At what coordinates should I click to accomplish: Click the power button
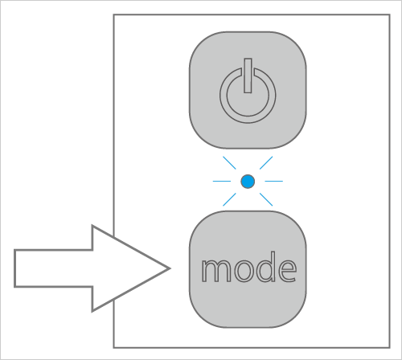click(x=248, y=90)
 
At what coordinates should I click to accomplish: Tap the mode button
click(x=248, y=269)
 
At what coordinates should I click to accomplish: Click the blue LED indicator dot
click(x=248, y=182)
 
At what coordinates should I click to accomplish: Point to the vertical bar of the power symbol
click(x=248, y=76)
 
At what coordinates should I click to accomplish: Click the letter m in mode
click(x=216, y=270)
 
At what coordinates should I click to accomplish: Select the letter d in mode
click(x=265, y=267)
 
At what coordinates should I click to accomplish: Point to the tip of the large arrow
click(x=170, y=268)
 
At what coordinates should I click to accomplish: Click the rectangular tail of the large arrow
click(x=54, y=268)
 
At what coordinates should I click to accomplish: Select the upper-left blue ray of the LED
click(x=229, y=163)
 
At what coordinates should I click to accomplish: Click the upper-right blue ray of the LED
click(x=266, y=163)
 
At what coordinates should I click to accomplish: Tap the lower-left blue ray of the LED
click(x=229, y=199)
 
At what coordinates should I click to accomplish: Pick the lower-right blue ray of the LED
click(x=266, y=199)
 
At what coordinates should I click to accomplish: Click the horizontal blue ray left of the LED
click(x=222, y=182)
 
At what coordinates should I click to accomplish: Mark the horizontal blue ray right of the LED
click(x=274, y=182)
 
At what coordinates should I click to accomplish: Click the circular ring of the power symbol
click(x=248, y=120)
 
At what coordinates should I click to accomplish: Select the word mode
click(x=249, y=267)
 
